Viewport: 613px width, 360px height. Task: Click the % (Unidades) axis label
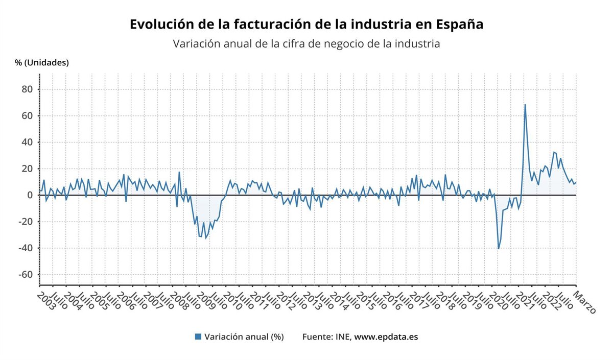pyautogui.click(x=42, y=63)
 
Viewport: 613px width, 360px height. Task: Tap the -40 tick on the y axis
pyautogui.click(x=25, y=248)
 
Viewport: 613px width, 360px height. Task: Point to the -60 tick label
pyautogui.click(x=25, y=275)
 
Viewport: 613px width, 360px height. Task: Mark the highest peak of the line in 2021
pyautogui.click(x=525, y=105)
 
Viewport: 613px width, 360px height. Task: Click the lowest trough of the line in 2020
pyautogui.click(x=499, y=249)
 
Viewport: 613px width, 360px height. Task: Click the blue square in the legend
pyautogui.click(x=198, y=337)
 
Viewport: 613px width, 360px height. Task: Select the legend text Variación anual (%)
pyautogui.click(x=244, y=337)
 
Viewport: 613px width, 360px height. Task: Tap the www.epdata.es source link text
pyautogui.click(x=386, y=337)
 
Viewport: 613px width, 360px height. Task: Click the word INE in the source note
pyautogui.click(x=342, y=337)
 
